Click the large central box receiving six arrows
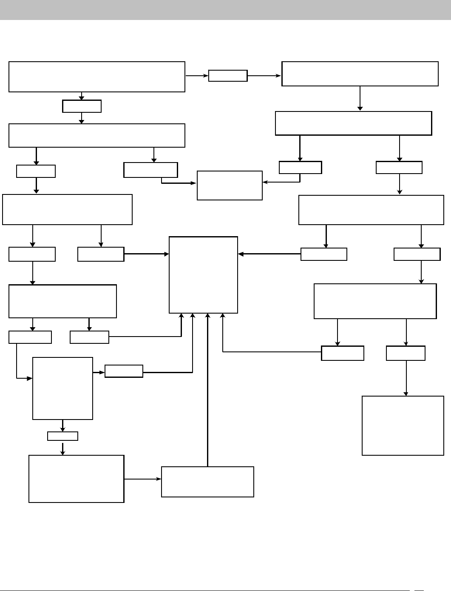coord(203,275)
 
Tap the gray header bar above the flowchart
coord(225,10)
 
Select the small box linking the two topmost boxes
coord(228,76)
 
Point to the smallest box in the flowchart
coord(62,436)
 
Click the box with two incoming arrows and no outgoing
coord(230,186)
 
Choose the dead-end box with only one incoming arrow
coord(403,425)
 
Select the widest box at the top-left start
coord(96,77)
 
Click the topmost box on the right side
coord(360,74)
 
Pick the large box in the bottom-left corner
coord(77,479)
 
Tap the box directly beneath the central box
coord(207,482)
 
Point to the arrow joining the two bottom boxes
coord(143,479)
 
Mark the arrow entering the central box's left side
coord(147,254)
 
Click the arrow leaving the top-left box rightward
coord(197,76)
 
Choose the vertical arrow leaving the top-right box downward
coord(360,99)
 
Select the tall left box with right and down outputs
coord(62,388)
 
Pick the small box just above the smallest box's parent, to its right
coord(124,371)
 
